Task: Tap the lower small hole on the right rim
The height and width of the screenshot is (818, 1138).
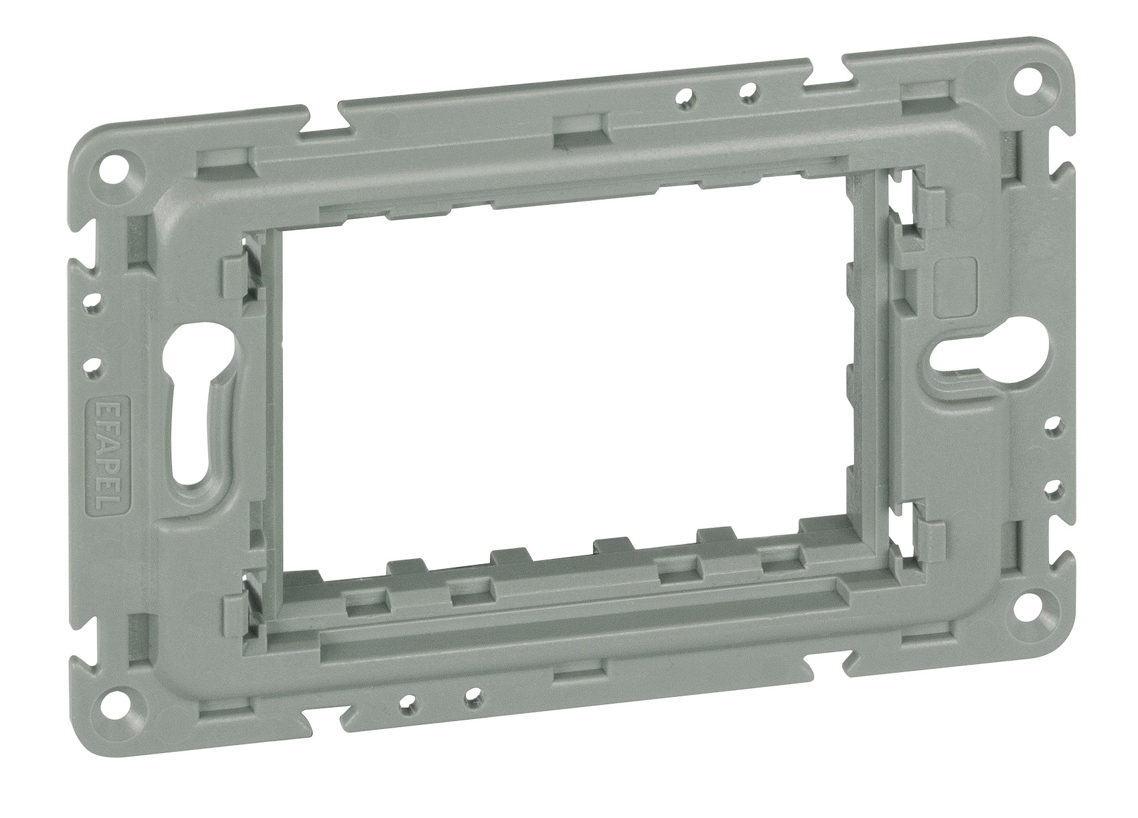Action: coord(1054,485)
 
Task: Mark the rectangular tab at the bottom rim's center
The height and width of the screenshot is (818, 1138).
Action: coord(580,671)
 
